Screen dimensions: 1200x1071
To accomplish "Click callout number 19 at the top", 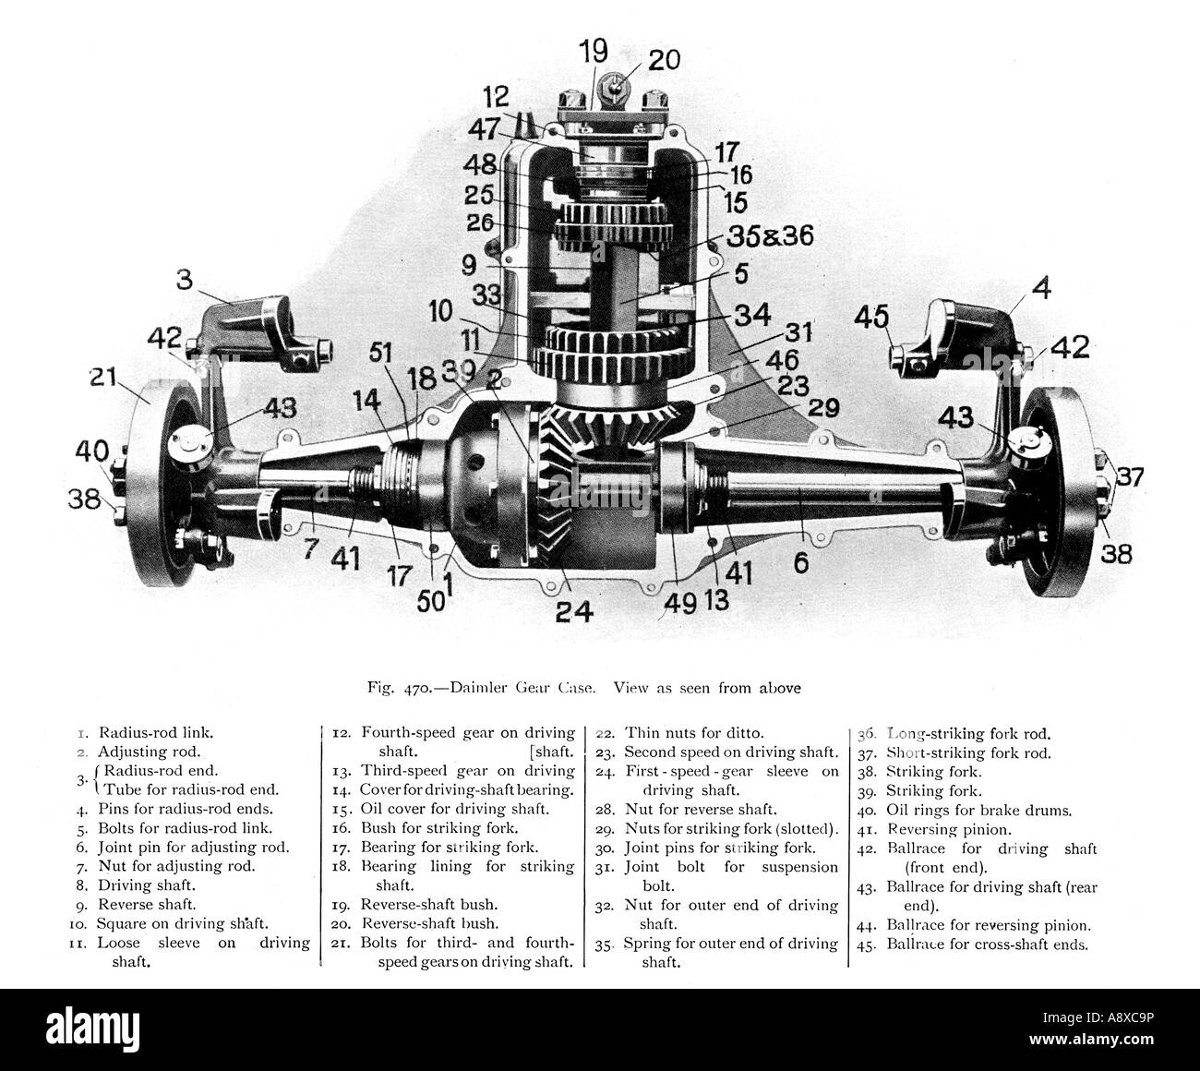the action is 594,51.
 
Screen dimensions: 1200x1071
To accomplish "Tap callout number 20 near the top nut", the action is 664,60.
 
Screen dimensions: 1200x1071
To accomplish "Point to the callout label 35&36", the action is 770,235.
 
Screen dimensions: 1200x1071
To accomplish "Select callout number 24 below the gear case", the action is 574,611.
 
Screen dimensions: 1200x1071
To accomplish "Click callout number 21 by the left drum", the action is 103,377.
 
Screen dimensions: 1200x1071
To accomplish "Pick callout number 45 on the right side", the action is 871,317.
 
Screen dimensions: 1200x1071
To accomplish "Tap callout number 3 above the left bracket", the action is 185,279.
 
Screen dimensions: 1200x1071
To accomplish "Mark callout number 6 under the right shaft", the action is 801,562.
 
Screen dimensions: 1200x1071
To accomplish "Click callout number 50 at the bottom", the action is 430,601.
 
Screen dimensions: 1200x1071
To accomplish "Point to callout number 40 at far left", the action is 91,451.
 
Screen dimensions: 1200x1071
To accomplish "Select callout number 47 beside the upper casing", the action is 484,129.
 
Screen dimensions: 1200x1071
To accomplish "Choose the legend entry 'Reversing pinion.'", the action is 949,829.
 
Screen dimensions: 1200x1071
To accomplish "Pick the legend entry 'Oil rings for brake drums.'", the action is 978,810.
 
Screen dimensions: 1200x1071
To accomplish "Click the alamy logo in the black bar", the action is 93,1028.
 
